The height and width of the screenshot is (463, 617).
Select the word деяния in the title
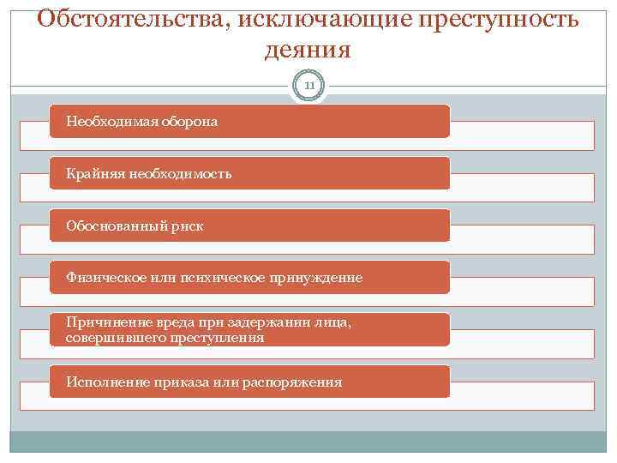(308, 49)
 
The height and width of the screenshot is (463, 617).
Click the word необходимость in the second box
(180, 174)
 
